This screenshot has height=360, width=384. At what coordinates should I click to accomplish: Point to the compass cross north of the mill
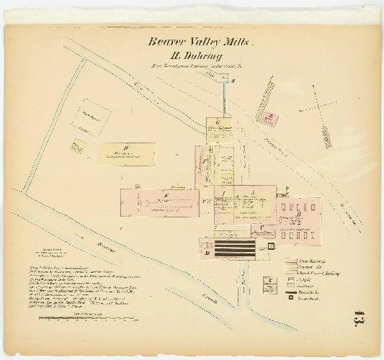pos(323,106)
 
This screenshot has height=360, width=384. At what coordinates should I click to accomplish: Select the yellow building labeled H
pos(127,153)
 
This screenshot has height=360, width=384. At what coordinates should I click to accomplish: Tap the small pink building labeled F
pos(268,120)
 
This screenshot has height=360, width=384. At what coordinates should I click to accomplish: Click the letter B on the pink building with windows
pos(298,214)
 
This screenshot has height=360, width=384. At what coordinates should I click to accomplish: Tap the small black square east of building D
pos(271,246)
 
